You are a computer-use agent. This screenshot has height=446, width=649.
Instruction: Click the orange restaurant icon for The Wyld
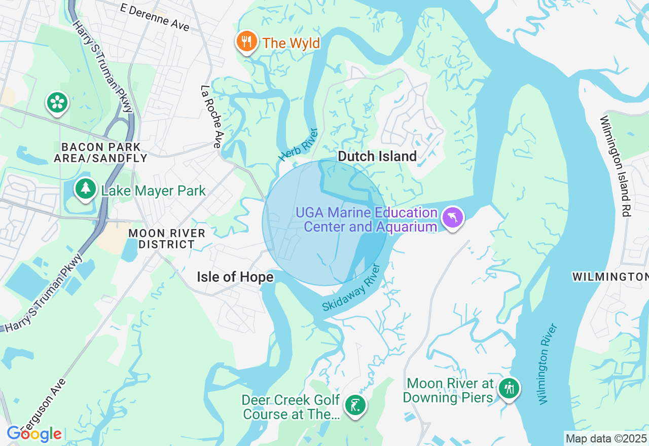pyautogui.click(x=247, y=42)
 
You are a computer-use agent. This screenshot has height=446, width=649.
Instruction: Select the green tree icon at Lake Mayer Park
pyautogui.click(x=86, y=189)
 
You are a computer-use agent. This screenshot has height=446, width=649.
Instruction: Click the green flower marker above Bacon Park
pyautogui.click(x=57, y=103)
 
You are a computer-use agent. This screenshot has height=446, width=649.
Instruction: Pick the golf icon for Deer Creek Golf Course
pyautogui.click(x=355, y=405)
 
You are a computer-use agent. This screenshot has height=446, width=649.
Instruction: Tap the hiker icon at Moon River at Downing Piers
pyautogui.click(x=508, y=389)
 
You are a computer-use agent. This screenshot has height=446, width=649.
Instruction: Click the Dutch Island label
pyautogui.click(x=377, y=156)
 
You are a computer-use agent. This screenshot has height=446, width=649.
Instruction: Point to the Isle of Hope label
pyautogui.click(x=235, y=277)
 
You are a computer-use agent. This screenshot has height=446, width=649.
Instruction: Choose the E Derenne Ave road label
pyautogui.click(x=155, y=17)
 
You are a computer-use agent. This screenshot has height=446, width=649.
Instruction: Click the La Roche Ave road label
pyautogui.click(x=210, y=116)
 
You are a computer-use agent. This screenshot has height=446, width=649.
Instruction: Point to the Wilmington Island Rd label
pyautogui.click(x=615, y=166)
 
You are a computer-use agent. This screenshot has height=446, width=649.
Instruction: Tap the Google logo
pyautogui.click(x=34, y=434)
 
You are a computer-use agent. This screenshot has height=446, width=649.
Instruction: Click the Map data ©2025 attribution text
pyautogui.click(x=606, y=438)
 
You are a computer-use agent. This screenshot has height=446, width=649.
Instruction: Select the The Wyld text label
pyautogui.click(x=291, y=43)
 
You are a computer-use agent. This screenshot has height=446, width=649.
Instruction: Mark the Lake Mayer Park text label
pyautogui.click(x=153, y=191)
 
